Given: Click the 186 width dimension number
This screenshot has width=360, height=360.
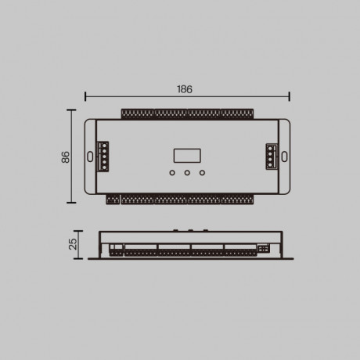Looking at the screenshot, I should click(x=185, y=89).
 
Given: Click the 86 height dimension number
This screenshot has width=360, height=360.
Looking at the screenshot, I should click(x=66, y=157).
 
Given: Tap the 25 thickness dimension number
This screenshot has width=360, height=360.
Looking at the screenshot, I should click(x=73, y=243).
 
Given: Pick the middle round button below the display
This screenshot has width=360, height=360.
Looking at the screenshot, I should click(x=186, y=172).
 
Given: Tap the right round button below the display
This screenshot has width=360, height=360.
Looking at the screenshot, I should click(x=202, y=172).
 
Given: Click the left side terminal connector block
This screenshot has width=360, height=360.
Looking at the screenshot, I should click(x=103, y=156).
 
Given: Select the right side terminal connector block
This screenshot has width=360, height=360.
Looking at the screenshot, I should click(x=271, y=156).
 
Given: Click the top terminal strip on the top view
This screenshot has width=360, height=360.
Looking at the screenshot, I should click(x=186, y=114).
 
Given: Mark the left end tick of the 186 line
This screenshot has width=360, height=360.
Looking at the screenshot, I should click(x=85, y=97).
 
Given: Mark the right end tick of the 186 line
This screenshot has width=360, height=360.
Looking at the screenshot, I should click(x=290, y=97).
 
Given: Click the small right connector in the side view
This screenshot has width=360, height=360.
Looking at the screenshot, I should click(x=264, y=248).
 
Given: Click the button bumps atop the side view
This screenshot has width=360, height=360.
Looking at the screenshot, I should click(x=188, y=229).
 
